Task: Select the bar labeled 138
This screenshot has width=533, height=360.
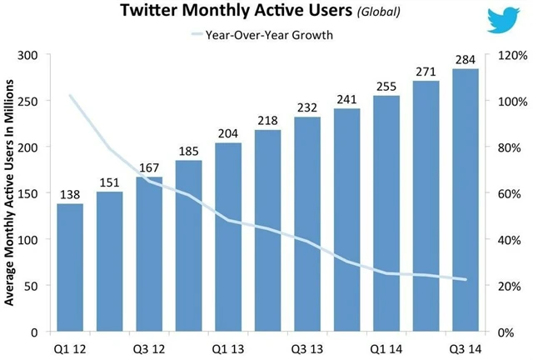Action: pos(70,267)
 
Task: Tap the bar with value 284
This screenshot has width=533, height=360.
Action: pos(465,200)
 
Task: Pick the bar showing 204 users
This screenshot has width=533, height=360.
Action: pos(228,237)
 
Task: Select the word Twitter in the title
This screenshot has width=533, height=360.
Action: pos(152,12)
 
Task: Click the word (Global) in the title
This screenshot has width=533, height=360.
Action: pos(372,13)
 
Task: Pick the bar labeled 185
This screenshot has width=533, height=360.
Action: pos(188,246)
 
